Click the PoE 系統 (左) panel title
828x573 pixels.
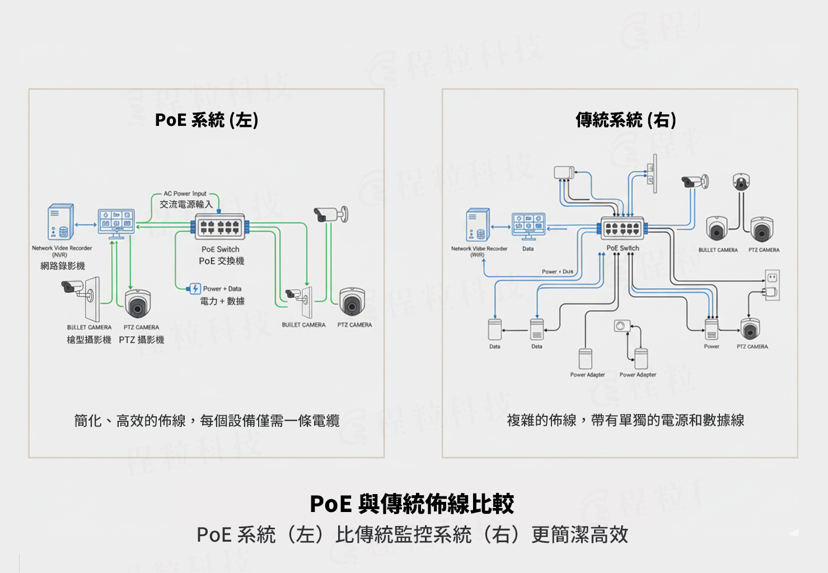point(206,120)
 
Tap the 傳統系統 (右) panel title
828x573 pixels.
point(625,120)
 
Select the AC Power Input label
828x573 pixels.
point(185,194)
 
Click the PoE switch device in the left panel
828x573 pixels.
point(219,227)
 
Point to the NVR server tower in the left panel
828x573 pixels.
point(60,222)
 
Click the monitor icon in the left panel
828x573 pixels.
point(116,223)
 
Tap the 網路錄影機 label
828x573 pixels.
point(63,266)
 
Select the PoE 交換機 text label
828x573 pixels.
point(221,261)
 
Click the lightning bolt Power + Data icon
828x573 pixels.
point(195,289)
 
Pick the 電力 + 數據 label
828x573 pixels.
point(222,301)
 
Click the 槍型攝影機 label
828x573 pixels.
point(89,340)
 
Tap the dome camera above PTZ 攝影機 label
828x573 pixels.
point(137,304)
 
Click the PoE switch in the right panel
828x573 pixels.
point(622,228)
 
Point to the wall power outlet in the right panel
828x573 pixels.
point(772,278)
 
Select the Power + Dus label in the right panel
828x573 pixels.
point(557,271)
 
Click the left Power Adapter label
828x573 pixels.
point(587,375)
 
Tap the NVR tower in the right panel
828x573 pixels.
point(478,225)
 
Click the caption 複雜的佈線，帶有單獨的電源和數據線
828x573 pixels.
point(625,420)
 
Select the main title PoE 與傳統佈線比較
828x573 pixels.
point(412,504)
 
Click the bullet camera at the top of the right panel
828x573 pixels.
point(694,181)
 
